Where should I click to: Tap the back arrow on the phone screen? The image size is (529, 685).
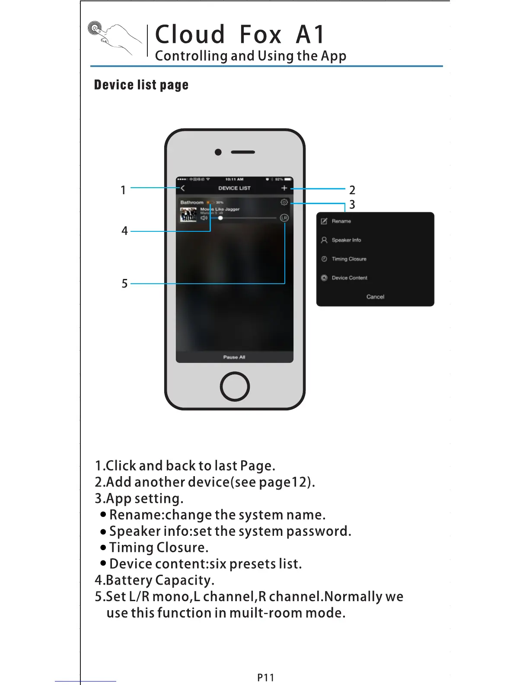[x=183, y=188]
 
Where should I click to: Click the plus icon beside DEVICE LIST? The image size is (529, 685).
[x=284, y=188]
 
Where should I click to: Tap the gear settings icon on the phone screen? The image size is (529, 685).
[x=284, y=202]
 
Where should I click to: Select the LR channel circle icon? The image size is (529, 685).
[x=284, y=218]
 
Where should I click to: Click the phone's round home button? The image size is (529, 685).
[x=235, y=386]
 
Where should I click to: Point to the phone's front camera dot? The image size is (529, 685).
[x=218, y=152]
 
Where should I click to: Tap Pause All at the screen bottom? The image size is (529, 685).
[x=234, y=357]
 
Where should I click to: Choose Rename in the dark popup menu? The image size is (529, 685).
[x=341, y=221]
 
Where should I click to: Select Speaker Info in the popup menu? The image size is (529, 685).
[x=346, y=240]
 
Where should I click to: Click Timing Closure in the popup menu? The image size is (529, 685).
[x=349, y=259]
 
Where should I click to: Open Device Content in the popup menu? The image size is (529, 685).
[x=349, y=278]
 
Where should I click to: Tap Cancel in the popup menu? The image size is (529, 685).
[x=375, y=297]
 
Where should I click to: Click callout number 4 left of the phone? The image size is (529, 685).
[x=124, y=231]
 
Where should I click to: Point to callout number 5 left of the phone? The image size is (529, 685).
[x=124, y=284]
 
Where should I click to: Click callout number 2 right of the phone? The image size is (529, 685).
[x=352, y=190]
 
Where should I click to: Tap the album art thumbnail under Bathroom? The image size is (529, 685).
[x=188, y=214]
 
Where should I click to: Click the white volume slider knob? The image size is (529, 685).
[x=220, y=218]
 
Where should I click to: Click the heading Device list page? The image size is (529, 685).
[x=141, y=85]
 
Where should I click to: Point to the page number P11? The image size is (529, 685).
[x=265, y=678]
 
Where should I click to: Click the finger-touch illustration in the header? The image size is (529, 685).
[x=114, y=39]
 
